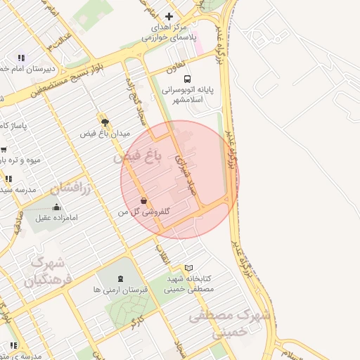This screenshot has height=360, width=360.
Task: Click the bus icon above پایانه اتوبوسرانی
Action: pos(187,79)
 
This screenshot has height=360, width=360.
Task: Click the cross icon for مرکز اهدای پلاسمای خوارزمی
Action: pos(169,16)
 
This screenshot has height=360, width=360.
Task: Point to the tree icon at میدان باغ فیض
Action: pos(105,121)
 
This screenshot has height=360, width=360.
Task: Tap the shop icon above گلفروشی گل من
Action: pos(143,200)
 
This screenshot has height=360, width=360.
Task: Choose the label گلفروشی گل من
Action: pos(144,212)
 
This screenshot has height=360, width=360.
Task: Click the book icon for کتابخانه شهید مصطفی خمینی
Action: pos(188,267)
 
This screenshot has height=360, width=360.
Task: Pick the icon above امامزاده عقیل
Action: pos(57,207)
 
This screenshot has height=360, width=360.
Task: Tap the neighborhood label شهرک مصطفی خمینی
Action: pos(229,324)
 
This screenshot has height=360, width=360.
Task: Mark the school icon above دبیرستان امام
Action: pos(21,58)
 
